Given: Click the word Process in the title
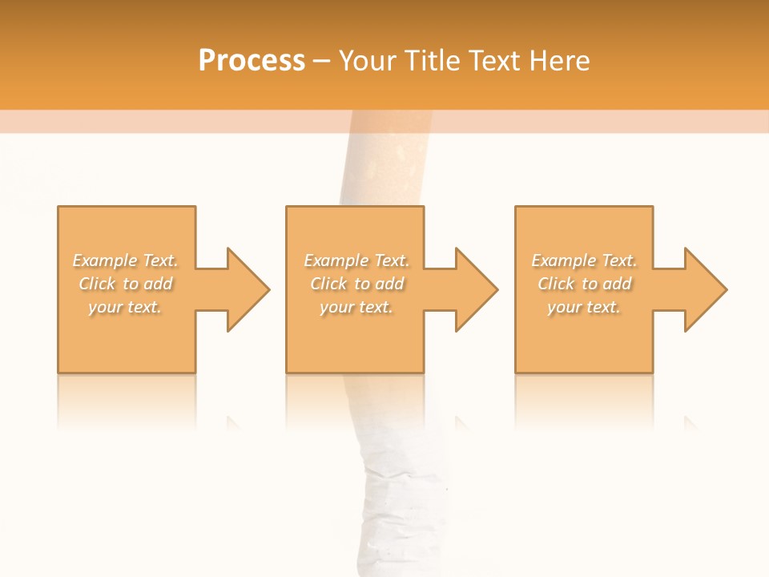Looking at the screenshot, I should pos(252,61).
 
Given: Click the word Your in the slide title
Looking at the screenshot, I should pos(368,61).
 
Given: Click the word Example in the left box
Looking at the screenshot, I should pos(105,260).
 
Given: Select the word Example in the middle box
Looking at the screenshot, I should pos(336,260).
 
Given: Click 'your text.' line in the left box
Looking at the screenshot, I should pos(125,307).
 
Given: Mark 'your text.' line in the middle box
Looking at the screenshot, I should pos(356,307).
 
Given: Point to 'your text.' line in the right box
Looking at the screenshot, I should pos(584,307).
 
